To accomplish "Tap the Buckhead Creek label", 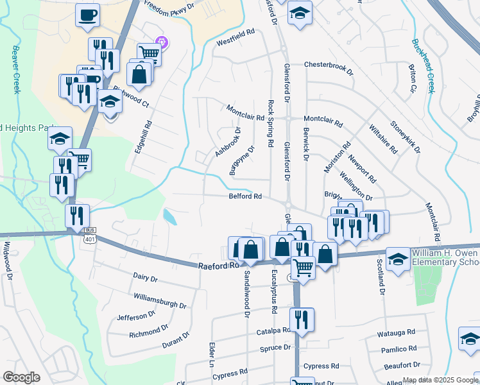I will pyautogui.click(x=422, y=65).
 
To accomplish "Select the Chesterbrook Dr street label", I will pyautogui.click(x=329, y=65).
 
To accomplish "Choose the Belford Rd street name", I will pyautogui.click(x=245, y=197).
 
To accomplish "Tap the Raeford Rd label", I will pyautogui.click(x=218, y=264).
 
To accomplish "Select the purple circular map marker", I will pyautogui.click(x=162, y=43).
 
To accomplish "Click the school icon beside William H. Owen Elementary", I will pyautogui.click(x=399, y=259).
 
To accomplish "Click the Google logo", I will pyautogui.click(x=22, y=377).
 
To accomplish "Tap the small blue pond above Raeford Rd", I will pyautogui.click(x=171, y=218).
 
